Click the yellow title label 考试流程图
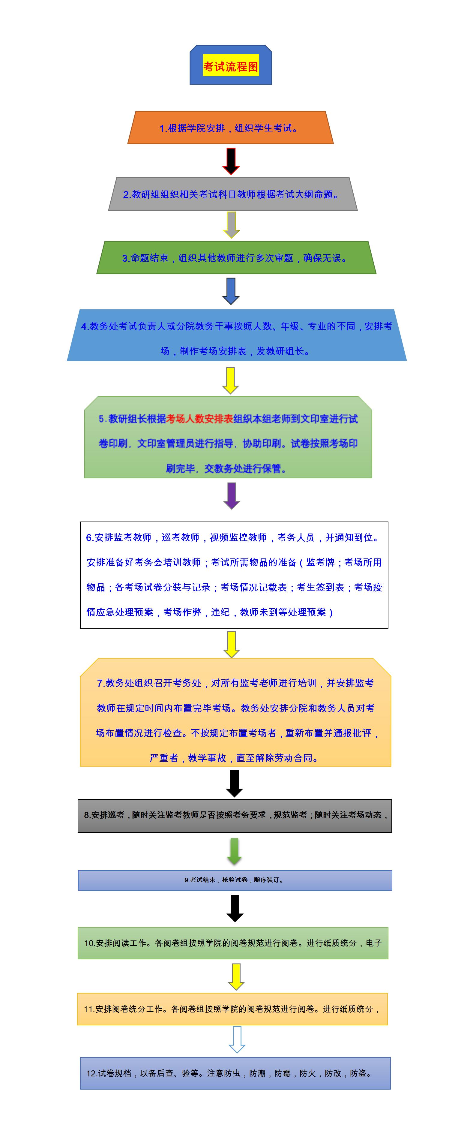point(231,67)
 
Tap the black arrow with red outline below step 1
point(231,161)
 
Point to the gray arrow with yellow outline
point(231,224)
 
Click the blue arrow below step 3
point(231,290)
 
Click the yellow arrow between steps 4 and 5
point(231,380)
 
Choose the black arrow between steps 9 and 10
point(235,908)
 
